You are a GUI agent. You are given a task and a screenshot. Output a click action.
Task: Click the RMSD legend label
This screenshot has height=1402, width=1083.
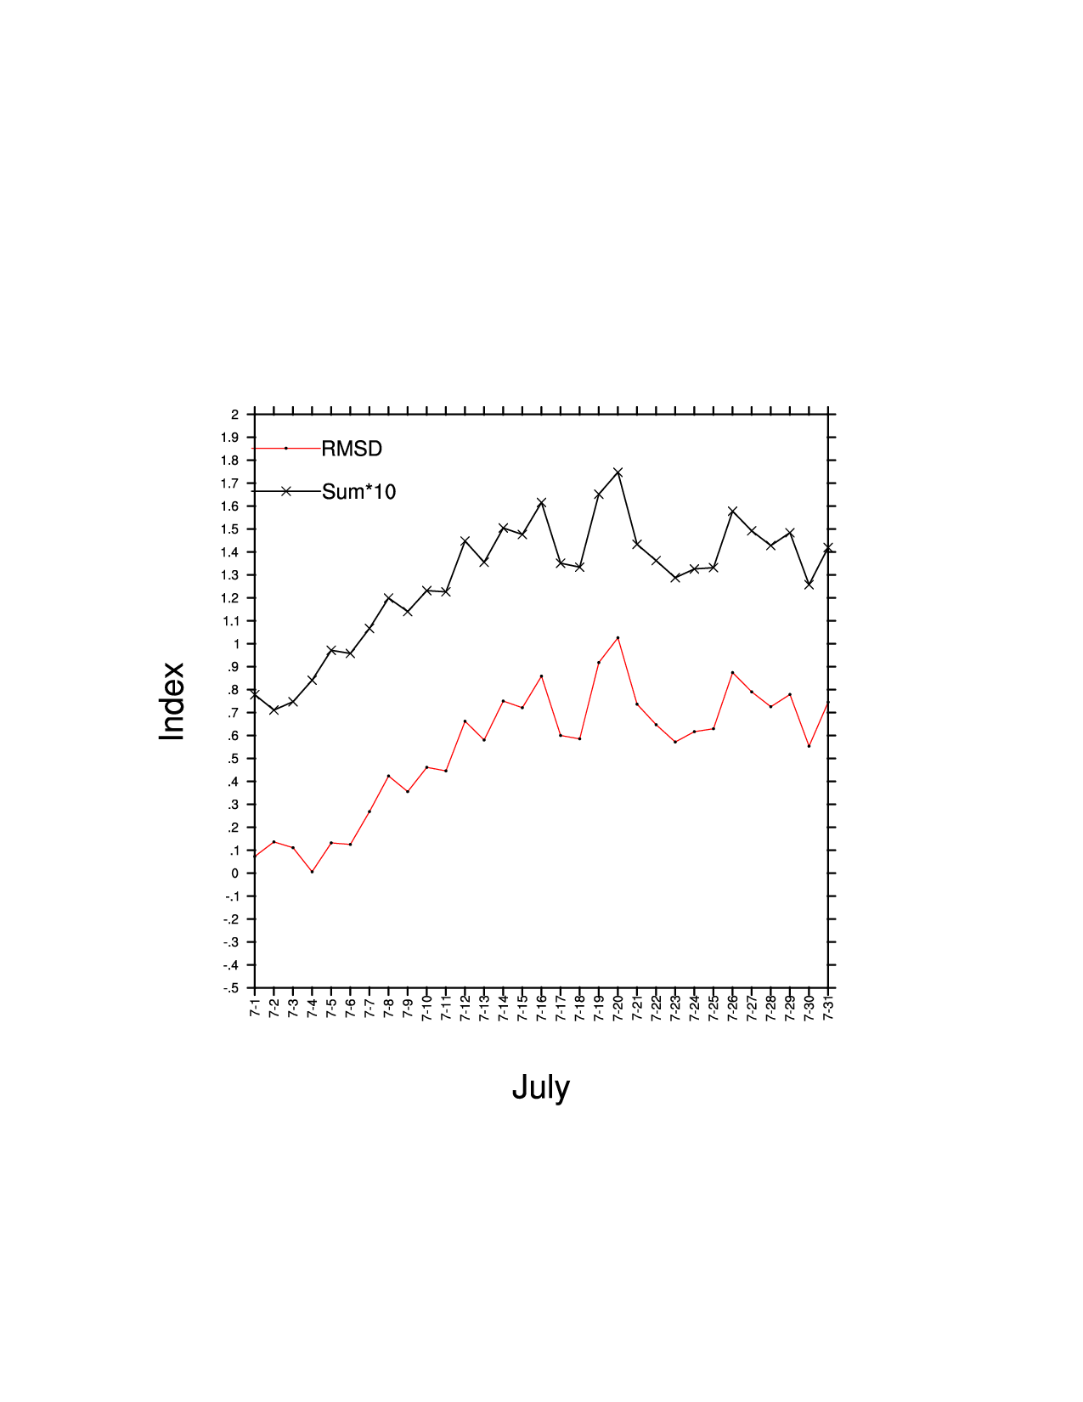pyautogui.click(x=352, y=449)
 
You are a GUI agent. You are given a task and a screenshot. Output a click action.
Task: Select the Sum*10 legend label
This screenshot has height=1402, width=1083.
pyautogui.click(x=358, y=492)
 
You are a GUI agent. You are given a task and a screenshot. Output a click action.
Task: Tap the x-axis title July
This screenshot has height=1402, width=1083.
pyautogui.click(x=541, y=1088)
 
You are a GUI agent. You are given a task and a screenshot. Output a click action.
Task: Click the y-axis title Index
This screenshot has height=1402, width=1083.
pyautogui.click(x=172, y=701)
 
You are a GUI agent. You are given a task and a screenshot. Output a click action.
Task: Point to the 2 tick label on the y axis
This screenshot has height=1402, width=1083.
pyautogui.click(x=234, y=415)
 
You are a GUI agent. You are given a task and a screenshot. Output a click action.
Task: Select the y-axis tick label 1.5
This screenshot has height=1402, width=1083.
pyautogui.click(x=231, y=529)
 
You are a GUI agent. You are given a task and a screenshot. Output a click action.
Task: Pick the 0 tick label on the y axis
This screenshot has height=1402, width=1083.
pyautogui.click(x=235, y=873)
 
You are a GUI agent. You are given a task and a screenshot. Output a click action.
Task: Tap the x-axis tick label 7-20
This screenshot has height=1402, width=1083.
pyautogui.click(x=618, y=1009)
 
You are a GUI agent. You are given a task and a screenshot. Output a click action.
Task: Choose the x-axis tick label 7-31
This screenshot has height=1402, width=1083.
pyautogui.click(x=828, y=1009)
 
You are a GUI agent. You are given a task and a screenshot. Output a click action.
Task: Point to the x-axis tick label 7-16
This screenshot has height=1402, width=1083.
pyautogui.click(x=542, y=1009)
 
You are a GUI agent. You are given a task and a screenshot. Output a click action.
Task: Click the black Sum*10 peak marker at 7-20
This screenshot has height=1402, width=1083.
pyautogui.click(x=618, y=472)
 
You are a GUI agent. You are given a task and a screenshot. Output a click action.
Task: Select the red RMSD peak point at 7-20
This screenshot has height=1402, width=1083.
pyautogui.click(x=618, y=637)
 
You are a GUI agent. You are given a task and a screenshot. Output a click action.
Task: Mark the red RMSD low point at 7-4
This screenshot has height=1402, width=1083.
pyautogui.click(x=312, y=872)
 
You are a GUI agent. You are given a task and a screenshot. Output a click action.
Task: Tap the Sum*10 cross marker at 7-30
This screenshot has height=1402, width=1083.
pyautogui.click(x=809, y=585)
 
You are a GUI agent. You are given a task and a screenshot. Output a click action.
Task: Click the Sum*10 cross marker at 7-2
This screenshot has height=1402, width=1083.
pyautogui.click(x=274, y=709)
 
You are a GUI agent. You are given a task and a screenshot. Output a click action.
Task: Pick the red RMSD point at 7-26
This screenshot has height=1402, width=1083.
pyautogui.click(x=732, y=672)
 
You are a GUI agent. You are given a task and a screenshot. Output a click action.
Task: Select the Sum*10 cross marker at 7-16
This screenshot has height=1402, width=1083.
pyautogui.click(x=541, y=503)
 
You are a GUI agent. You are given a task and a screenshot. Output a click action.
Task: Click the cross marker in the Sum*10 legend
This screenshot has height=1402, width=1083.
pyautogui.click(x=286, y=491)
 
